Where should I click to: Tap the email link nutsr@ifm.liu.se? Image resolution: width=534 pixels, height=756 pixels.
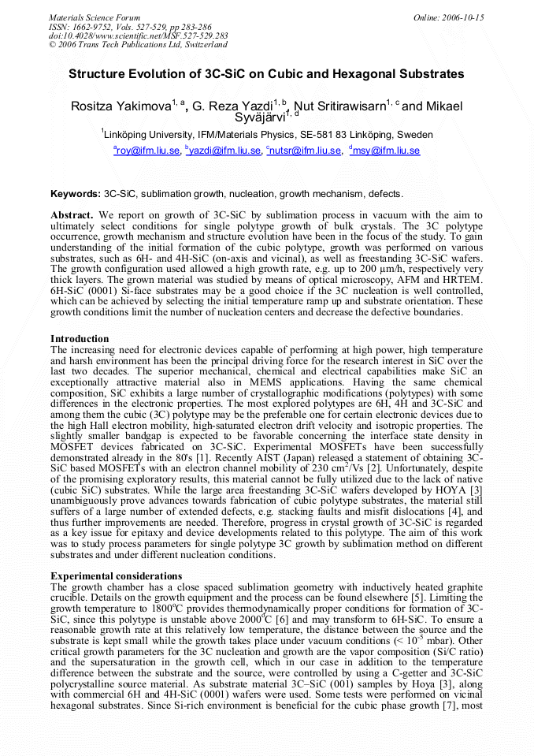pyautogui.click(x=306, y=151)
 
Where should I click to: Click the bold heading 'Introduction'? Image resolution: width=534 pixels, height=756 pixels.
pyautogui.click(x=80, y=339)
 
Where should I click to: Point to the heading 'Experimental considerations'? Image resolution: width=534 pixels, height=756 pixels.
pyautogui.click(x=116, y=576)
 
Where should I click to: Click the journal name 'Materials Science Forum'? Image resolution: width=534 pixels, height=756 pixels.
pyautogui.click(x=95, y=17)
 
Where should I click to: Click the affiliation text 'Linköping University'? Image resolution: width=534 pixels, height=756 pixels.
pyautogui.click(x=147, y=134)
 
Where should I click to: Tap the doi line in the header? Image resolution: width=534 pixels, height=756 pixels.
pyautogui.click(x=139, y=35)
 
